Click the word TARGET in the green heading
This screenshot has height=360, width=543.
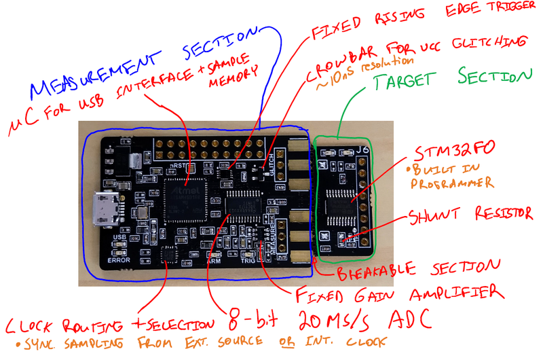tap(411, 82)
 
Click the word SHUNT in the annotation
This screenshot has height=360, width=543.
tap(435, 217)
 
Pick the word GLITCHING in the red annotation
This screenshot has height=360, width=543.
tap(486, 41)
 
